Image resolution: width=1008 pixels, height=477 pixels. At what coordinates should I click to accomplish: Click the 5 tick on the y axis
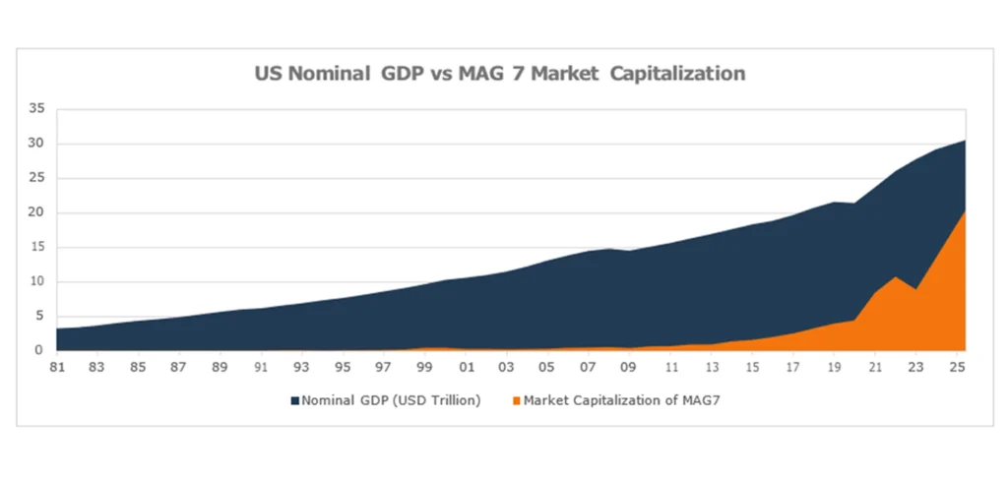[39, 316]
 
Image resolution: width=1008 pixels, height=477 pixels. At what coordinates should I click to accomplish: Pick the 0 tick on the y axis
[39, 350]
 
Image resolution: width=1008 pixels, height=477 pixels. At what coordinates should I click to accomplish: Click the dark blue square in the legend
[294, 401]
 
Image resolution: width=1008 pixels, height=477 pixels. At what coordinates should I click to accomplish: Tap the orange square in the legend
[516, 401]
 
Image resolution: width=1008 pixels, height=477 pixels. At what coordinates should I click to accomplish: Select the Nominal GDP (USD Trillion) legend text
[391, 401]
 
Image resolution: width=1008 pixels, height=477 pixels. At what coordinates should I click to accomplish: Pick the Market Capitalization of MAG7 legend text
[621, 401]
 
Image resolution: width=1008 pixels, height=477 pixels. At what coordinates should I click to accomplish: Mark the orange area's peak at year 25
[964, 210]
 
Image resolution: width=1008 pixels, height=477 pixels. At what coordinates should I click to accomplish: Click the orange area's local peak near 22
[895, 277]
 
